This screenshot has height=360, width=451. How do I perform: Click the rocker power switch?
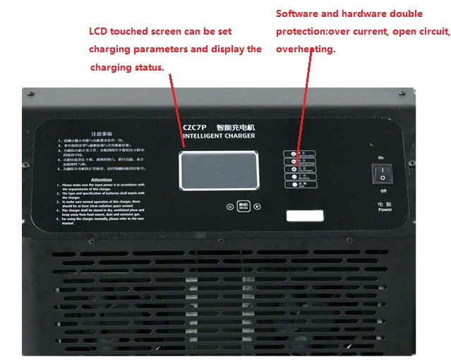(x=383, y=173)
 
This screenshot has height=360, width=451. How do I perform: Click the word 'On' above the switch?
(x=381, y=157)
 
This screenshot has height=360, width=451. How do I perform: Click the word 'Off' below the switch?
(x=383, y=191)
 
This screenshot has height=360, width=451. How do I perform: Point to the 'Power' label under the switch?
(x=385, y=210)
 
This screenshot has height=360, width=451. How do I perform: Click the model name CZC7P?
(x=193, y=127)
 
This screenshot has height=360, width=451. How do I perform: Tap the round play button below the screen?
(x=258, y=207)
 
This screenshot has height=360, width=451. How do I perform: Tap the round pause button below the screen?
(x=229, y=207)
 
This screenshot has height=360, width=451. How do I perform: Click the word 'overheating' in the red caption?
(x=306, y=49)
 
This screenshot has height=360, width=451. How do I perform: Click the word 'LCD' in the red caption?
(x=99, y=32)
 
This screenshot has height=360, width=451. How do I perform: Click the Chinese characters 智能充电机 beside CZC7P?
(x=236, y=127)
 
